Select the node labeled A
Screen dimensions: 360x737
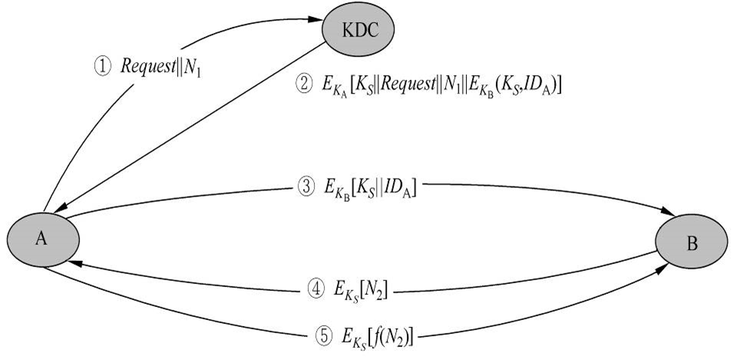tap(42, 239)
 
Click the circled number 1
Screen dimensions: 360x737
tap(103, 67)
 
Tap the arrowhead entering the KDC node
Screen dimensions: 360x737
tap(313, 21)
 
